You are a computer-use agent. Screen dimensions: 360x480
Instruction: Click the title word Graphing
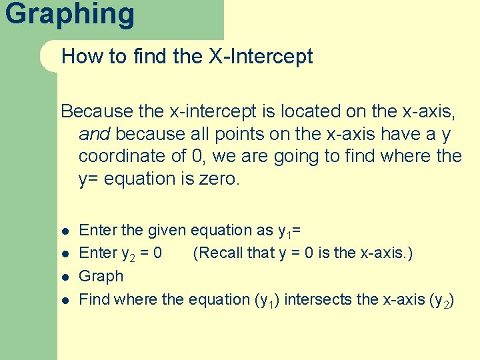(x=69, y=13)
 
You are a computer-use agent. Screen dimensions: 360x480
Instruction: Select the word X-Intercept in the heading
(x=261, y=57)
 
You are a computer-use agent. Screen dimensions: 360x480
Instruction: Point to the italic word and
(x=94, y=134)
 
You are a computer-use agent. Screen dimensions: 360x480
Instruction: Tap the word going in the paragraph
(x=324, y=157)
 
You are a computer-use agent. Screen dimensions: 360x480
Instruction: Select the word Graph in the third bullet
(x=101, y=276)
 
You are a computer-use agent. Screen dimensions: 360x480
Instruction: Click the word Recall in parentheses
(x=222, y=253)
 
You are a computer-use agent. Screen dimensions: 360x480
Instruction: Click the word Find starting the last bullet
(x=95, y=299)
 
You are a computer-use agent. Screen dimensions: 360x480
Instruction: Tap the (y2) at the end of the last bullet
(x=443, y=300)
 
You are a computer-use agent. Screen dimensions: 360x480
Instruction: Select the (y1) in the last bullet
(x=271, y=300)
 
